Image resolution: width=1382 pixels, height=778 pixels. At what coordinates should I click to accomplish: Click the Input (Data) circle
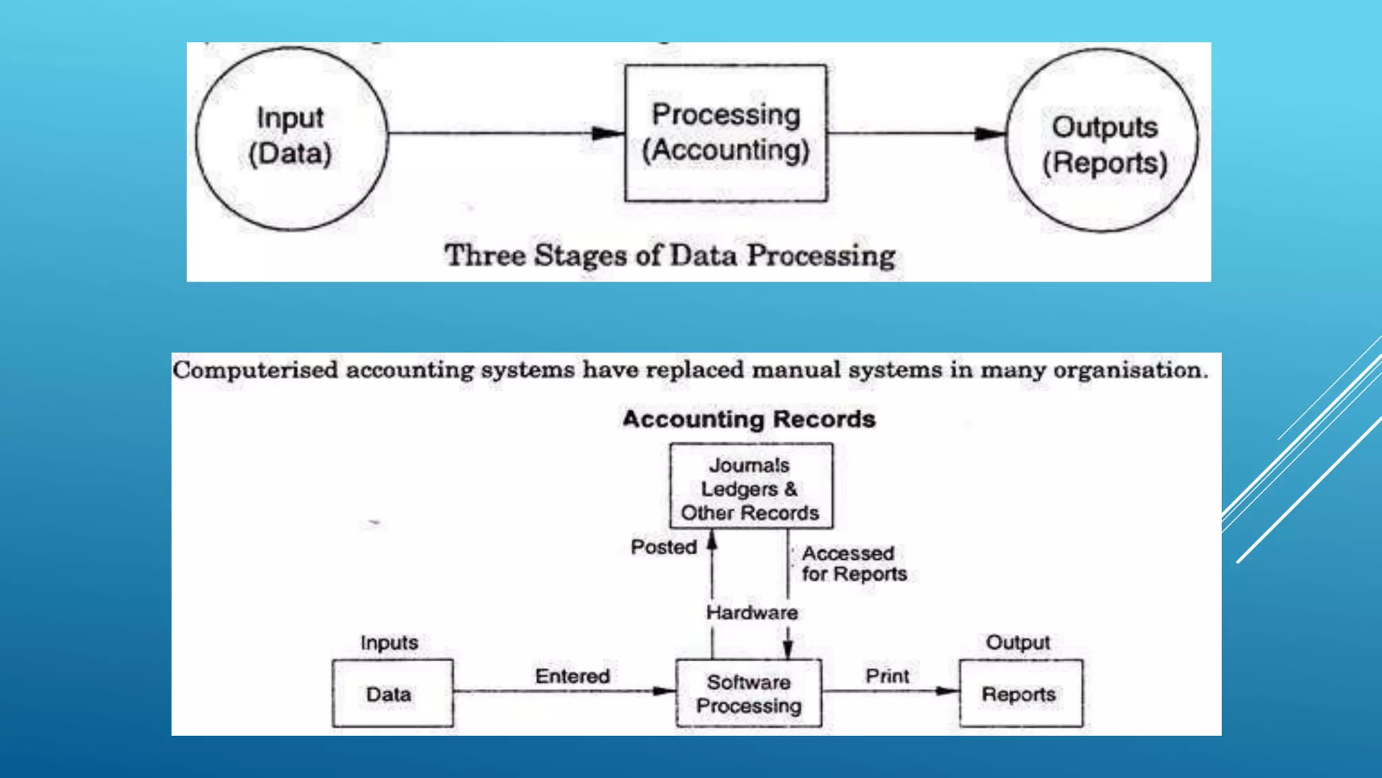pyautogui.click(x=292, y=138)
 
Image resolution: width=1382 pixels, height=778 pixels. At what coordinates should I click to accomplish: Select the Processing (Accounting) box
pyautogui.click(x=725, y=133)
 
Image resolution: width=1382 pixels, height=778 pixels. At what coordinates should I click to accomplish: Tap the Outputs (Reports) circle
pyautogui.click(x=1103, y=140)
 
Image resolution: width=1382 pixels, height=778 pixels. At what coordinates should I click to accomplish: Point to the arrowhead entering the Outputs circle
pyautogui.click(x=991, y=134)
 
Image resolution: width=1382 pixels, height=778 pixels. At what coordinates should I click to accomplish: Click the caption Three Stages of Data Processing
pyautogui.click(x=669, y=256)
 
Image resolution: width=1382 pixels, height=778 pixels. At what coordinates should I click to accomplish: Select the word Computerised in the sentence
pyautogui.click(x=255, y=370)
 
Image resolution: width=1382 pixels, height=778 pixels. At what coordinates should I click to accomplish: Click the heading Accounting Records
pyautogui.click(x=749, y=419)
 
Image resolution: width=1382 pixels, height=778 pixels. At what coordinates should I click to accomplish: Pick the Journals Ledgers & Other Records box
pyautogui.click(x=750, y=486)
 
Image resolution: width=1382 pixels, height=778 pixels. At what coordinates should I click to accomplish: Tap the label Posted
pyautogui.click(x=663, y=547)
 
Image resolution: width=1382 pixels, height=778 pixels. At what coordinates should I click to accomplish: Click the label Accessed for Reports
pyautogui.click(x=854, y=564)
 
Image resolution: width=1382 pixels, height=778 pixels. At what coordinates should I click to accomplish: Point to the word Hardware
pyautogui.click(x=752, y=613)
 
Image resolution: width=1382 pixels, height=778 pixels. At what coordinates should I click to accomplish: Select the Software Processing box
pyautogui.click(x=748, y=694)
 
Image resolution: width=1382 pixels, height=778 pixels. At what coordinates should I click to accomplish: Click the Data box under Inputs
pyautogui.click(x=392, y=694)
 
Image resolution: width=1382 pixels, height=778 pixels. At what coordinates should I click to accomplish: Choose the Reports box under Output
pyautogui.click(x=1020, y=694)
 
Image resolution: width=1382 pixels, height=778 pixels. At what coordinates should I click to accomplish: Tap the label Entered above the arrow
pyautogui.click(x=572, y=676)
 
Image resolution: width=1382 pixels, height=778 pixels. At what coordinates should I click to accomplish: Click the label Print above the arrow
pyautogui.click(x=887, y=676)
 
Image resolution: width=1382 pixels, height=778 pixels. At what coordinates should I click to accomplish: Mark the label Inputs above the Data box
pyautogui.click(x=389, y=642)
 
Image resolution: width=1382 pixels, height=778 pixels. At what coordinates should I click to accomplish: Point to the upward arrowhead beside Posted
pyautogui.click(x=712, y=540)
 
